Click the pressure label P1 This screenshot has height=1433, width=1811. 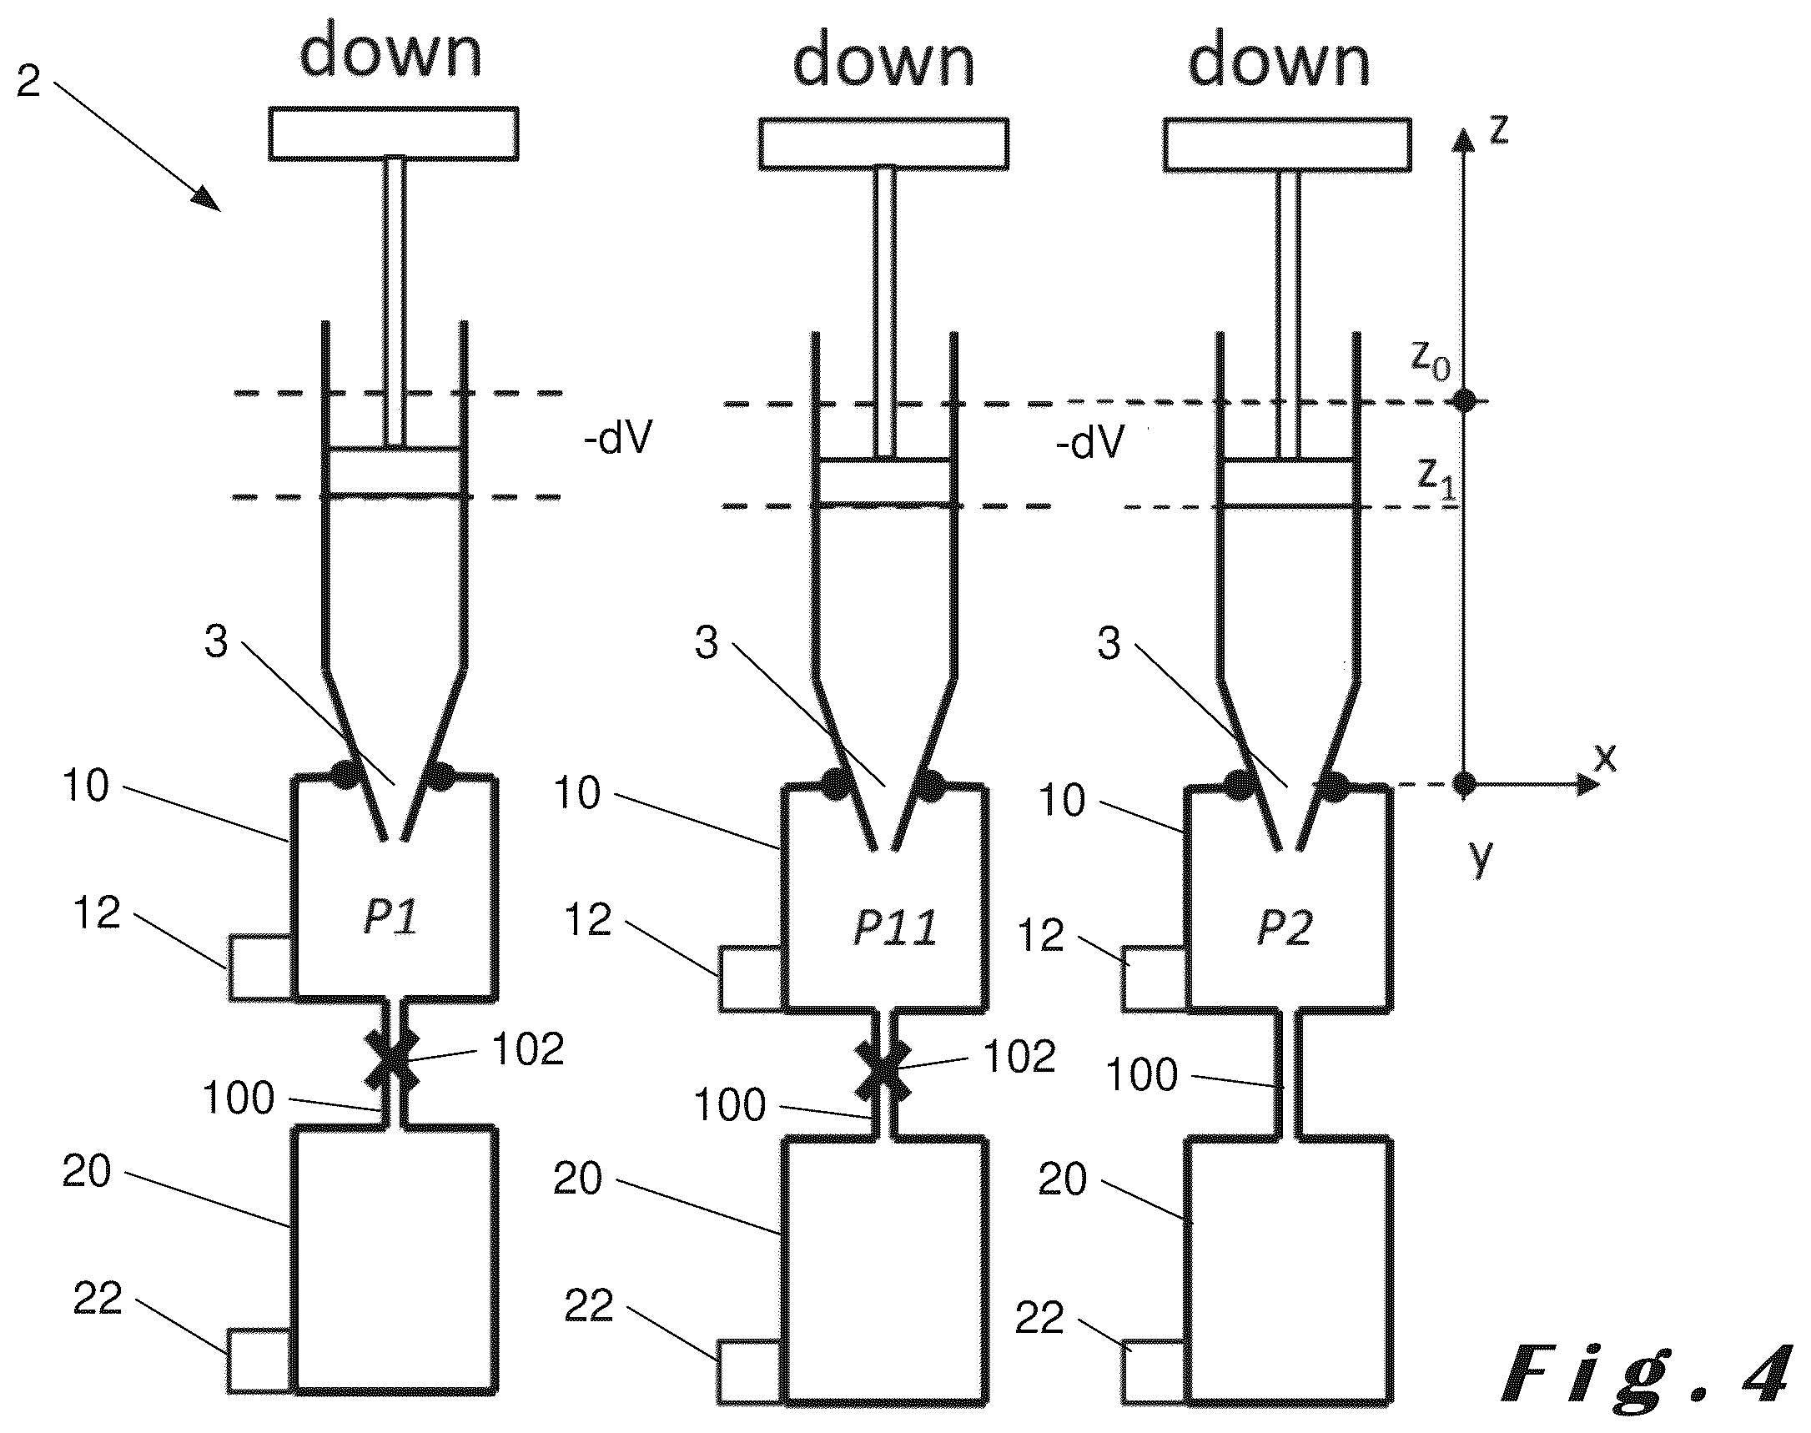pos(390,916)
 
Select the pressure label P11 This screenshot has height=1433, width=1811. pos(895,928)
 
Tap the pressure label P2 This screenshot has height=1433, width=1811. pos(1284,928)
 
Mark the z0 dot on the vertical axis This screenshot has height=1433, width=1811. pos(1465,400)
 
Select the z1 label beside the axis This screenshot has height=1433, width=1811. pos(1436,478)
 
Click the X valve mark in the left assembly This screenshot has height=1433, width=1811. pos(391,1061)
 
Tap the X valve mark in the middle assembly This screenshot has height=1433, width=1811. pos(882,1069)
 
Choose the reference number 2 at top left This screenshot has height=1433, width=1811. pos(28,82)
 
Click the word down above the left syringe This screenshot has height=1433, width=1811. pos(391,52)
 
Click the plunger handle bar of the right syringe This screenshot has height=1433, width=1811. pos(1286,144)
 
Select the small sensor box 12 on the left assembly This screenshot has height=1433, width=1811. pos(260,968)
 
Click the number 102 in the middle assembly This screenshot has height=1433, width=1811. pos(1019,1055)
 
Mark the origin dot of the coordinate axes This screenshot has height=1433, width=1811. pos(1465,784)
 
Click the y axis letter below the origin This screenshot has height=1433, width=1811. pos(1481,857)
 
